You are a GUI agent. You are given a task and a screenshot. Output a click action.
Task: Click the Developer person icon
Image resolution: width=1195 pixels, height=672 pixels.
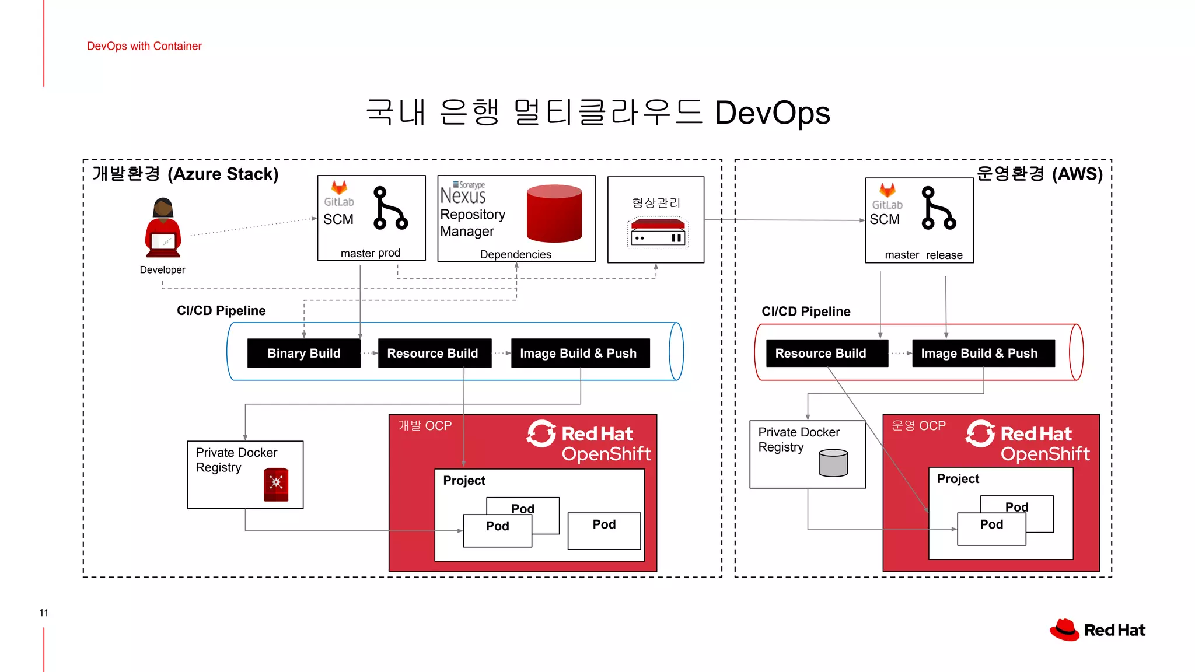[x=163, y=228]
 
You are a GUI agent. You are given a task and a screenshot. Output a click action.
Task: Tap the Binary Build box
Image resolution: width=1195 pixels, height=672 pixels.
[x=303, y=353]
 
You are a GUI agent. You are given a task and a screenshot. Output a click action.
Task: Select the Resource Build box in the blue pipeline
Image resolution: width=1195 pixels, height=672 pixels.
[x=432, y=353]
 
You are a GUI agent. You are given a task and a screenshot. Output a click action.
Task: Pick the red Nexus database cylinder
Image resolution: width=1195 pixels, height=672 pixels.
[x=554, y=213]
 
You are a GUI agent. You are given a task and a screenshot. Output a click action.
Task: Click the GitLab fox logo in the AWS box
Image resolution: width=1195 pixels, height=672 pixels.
[x=887, y=190]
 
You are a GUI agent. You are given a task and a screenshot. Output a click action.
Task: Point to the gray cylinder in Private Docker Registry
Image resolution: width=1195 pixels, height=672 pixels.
[x=833, y=463]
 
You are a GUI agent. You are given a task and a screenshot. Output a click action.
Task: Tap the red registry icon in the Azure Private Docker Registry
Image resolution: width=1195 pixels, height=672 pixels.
[x=276, y=484]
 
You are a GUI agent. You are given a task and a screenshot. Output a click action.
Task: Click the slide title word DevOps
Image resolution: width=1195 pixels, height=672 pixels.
[x=772, y=113]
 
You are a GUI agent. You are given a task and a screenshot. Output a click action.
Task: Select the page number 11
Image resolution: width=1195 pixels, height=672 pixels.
[x=44, y=612]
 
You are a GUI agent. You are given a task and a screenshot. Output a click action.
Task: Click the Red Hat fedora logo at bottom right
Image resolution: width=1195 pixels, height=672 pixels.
[x=1064, y=630]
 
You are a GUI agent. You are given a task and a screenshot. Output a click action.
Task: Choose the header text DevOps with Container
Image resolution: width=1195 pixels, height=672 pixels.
[x=144, y=46]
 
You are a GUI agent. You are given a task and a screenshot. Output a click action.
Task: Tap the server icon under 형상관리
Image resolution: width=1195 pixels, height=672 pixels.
[x=658, y=233]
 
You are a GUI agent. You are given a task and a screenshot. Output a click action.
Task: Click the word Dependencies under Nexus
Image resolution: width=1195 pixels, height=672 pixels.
[x=515, y=254]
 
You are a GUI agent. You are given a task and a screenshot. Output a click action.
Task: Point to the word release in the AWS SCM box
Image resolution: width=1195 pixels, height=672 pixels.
[x=944, y=255]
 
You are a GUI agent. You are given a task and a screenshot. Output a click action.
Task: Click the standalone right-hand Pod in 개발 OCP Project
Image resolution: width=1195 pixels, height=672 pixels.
[x=604, y=530]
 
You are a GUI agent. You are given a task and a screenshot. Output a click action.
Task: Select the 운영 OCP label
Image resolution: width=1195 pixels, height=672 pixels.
[x=918, y=426]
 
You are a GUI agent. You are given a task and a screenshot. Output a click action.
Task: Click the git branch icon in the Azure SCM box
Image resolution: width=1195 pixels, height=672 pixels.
[x=390, y=208]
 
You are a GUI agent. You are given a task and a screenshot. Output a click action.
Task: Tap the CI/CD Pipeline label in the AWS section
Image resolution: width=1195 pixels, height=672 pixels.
[x=806, y=311]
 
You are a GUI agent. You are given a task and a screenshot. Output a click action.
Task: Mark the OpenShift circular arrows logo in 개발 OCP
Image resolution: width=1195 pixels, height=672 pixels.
[x=541, y=433]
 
